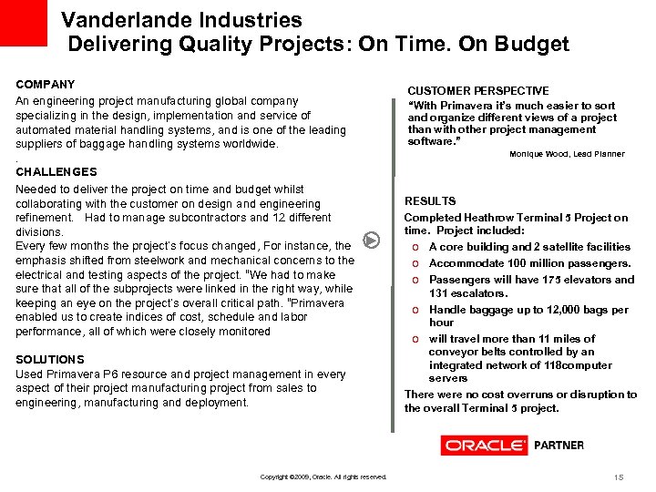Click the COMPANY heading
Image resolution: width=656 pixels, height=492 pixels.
coord(46,84)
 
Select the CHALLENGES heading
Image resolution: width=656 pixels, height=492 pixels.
coord(56,171)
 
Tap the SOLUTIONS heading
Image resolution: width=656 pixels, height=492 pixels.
coord(50,360)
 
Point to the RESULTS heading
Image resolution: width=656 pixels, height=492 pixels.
coord(430,200)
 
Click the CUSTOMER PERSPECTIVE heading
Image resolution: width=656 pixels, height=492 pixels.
coord(478,91)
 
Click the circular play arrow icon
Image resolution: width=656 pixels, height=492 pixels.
coord(371,241)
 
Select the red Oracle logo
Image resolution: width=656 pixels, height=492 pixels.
coord(484,446)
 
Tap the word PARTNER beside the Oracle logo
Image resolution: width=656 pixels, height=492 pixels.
coord(559,446)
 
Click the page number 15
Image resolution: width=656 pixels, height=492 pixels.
coord(618,477)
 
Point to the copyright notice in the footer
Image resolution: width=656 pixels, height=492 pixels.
coord(323,477)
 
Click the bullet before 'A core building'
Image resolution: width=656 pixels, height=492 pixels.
coord(415,247)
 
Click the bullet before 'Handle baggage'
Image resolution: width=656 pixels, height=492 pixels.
coord(415,310)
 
